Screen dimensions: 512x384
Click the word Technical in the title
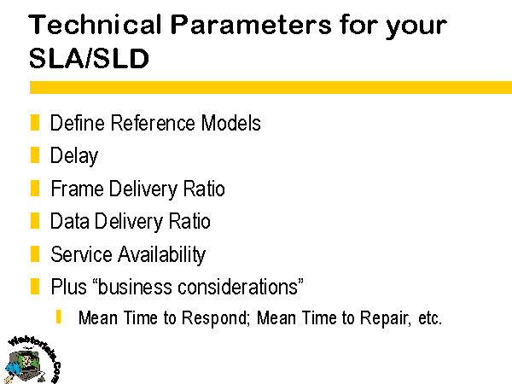[95, 25]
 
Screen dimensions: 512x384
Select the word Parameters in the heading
[251, 25]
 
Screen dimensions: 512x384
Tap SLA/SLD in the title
[89, 58]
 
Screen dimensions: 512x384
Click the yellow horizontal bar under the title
[271, 88]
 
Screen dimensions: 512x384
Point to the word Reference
[153, 123]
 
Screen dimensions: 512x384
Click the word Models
[231, 123]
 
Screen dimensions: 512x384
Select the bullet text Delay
[74, 156]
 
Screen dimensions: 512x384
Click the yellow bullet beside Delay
[35, 154]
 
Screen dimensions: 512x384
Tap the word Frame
[78, 189]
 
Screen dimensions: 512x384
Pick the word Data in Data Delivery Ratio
[70, 221]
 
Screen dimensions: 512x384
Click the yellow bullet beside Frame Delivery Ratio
[35, 188]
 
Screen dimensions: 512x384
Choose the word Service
[81, 254]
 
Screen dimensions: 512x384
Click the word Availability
[161, 255]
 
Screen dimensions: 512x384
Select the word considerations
[238, 287]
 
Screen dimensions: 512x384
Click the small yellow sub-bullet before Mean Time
[58, 317]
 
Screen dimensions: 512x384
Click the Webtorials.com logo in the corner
[32, 359]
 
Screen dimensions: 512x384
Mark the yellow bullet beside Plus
[35, 287]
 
